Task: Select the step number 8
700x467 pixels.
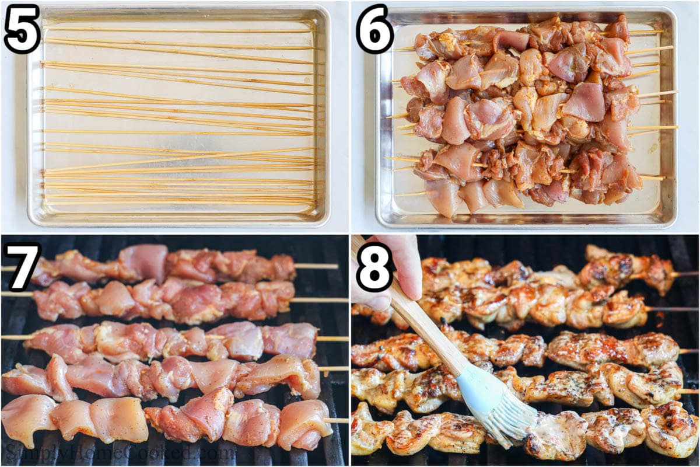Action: tap(374, 267)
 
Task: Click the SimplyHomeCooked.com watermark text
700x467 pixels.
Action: tap(119, 451)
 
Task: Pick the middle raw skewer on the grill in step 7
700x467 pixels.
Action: tap(175, 341)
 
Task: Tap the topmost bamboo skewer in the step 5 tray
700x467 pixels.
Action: tap(178, 30)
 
